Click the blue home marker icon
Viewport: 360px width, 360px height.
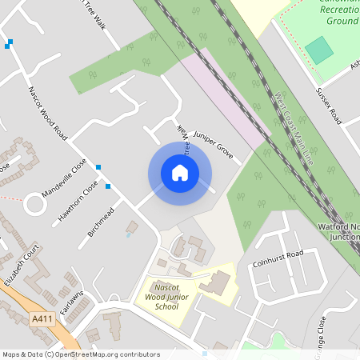180,173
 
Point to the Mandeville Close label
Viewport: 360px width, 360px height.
63,181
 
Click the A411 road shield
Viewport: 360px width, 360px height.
42,318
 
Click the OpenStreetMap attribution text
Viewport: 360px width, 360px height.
80,354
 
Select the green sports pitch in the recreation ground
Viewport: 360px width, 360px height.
319,50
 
